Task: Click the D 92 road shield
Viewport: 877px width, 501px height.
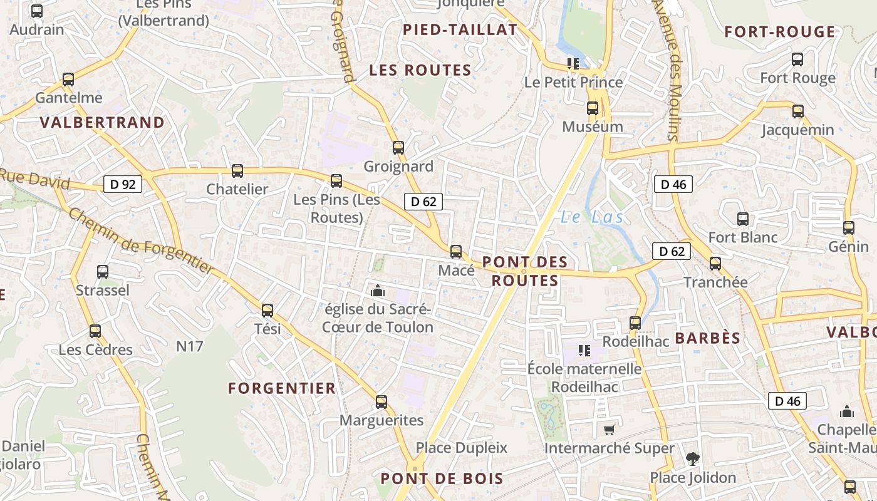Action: (123, 184)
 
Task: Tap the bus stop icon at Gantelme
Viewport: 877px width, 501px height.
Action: (68, 80)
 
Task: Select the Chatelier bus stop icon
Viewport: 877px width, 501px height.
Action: (237, 171)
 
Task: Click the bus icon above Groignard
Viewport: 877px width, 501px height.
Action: (398, 148)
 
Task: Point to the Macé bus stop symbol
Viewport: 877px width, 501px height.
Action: (456, 252)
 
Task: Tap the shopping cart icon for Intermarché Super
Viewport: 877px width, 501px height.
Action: (609, 430)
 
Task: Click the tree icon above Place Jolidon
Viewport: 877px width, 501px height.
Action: (692, 459)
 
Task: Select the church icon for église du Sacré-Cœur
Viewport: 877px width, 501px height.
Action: (377, 291)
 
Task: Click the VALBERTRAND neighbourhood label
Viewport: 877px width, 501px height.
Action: (102, 122)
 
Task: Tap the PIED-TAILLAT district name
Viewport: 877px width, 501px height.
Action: (460, 29)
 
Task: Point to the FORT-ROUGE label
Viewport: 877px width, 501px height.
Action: (780, 32)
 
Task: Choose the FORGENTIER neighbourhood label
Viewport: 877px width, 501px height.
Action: (282, 388)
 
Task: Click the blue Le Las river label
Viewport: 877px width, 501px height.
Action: (591, 217)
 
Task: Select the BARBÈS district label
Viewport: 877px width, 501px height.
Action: (708, 338)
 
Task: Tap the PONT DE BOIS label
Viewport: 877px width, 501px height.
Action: (442, 479)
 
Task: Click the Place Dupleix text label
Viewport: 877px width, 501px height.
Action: (462, 448)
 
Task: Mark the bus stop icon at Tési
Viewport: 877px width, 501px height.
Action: (267, 310)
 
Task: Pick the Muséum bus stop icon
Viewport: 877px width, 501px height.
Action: (593, 108)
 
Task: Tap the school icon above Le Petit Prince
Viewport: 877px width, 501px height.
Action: (573, 63)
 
